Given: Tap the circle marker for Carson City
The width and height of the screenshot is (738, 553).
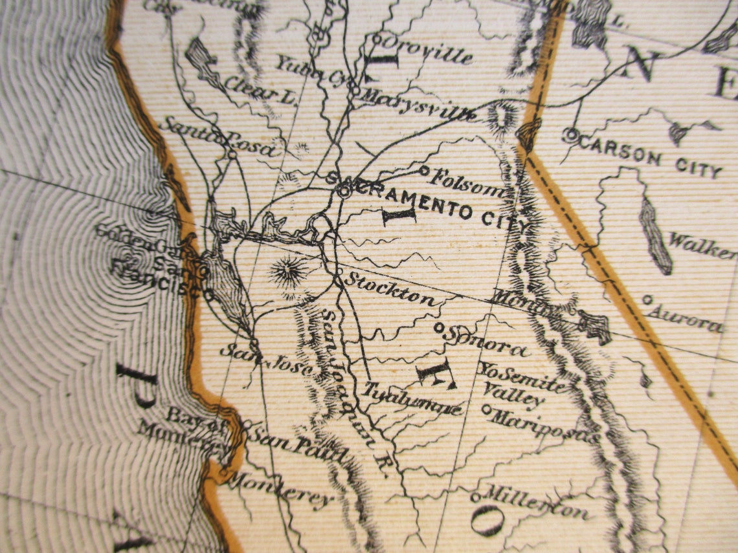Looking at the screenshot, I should pos(570,135).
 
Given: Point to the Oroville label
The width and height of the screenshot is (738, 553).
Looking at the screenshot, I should pos(427,50).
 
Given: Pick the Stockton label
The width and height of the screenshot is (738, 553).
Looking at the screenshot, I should pos(390,290).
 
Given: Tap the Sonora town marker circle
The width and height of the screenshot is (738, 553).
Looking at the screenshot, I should pos(438,328).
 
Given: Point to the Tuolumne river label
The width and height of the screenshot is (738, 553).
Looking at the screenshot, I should pos(412,399).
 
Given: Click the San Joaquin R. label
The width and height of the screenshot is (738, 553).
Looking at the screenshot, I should pos(353,395).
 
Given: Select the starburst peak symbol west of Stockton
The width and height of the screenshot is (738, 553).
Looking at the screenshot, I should pos(288,272).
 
